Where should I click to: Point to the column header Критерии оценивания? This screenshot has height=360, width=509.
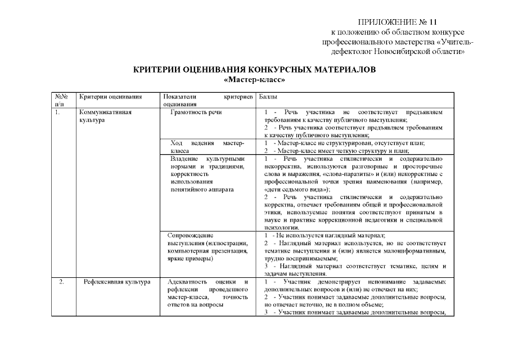coord(110,97)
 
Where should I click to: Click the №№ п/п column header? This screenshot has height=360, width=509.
coord(61,100)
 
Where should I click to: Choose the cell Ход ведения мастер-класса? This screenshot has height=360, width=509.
coord(208,147)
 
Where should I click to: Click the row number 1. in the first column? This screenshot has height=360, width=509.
coord(58,112)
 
